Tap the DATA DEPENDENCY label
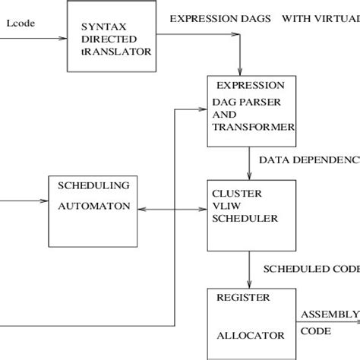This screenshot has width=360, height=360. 308,161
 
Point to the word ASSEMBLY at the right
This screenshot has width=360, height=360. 329,314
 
